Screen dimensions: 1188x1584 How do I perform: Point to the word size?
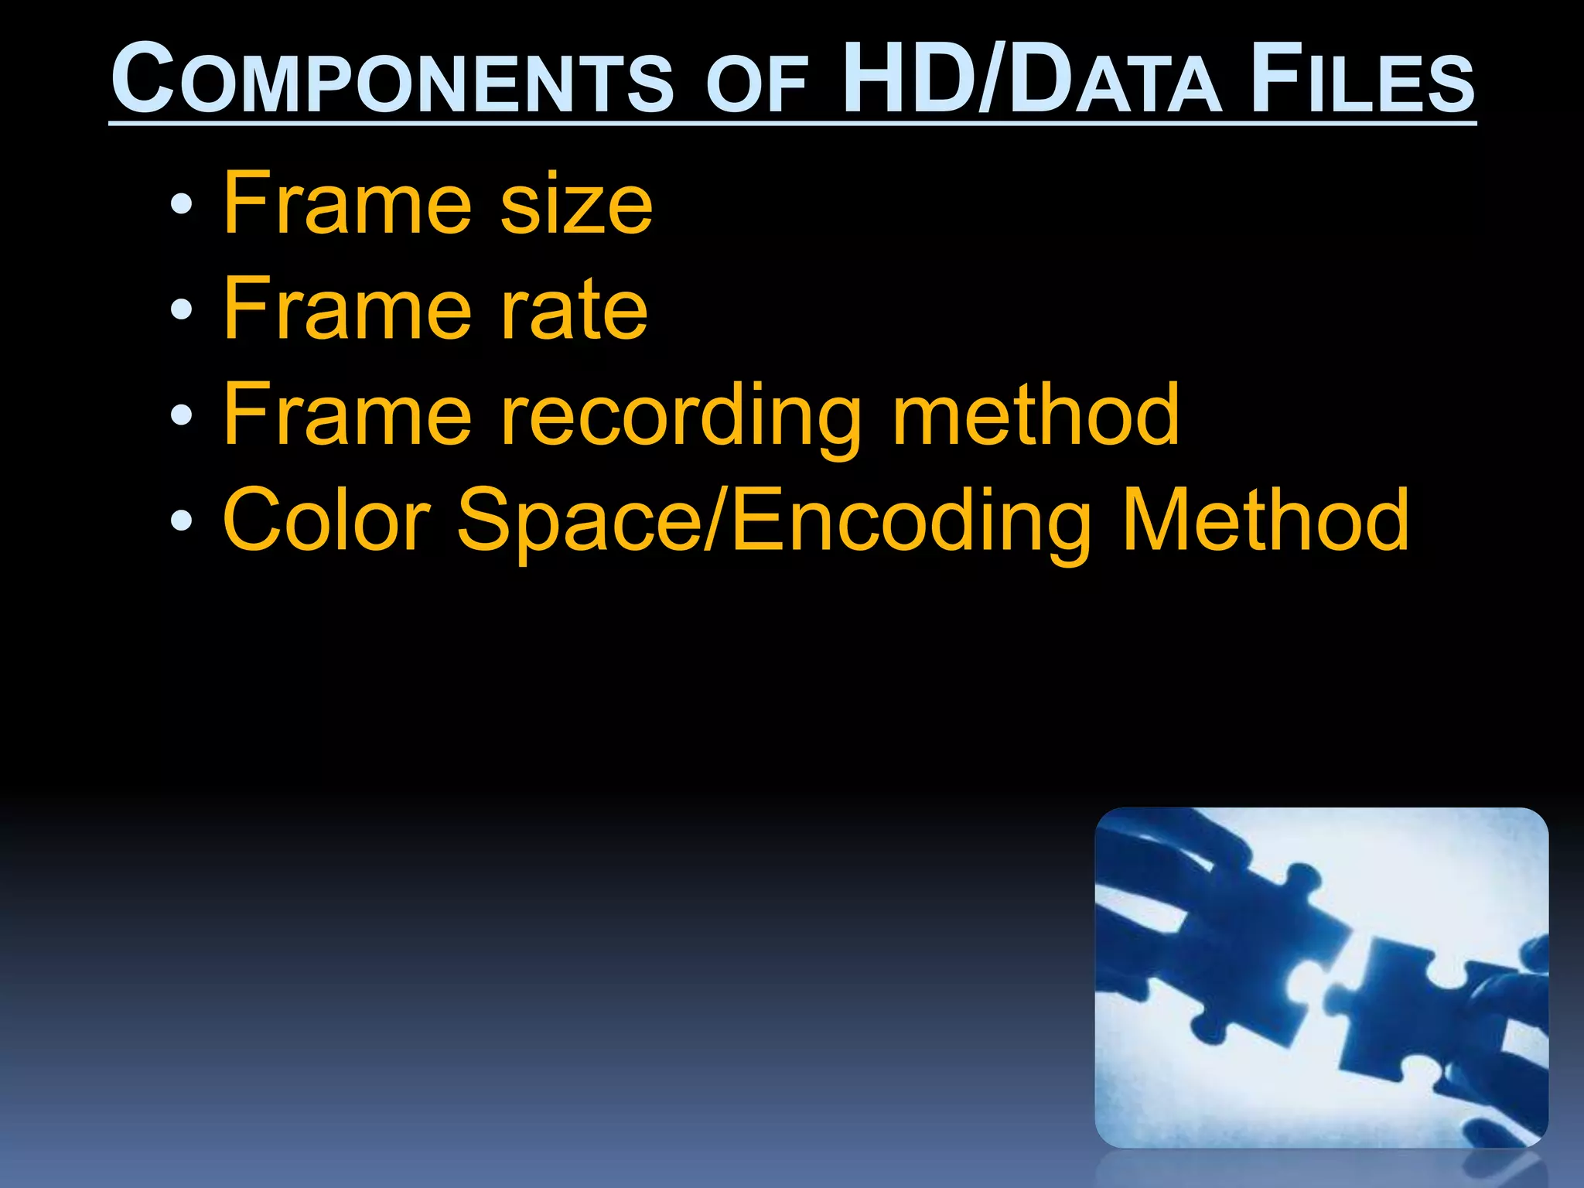click(576, 205)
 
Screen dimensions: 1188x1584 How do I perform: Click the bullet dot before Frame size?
click(181, 205)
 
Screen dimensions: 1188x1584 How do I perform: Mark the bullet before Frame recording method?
click(181, 416)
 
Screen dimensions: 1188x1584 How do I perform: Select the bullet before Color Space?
click(181, 521)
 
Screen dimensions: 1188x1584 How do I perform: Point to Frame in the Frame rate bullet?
click(347, 309)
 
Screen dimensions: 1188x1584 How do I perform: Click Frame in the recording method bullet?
click(347, 415)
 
